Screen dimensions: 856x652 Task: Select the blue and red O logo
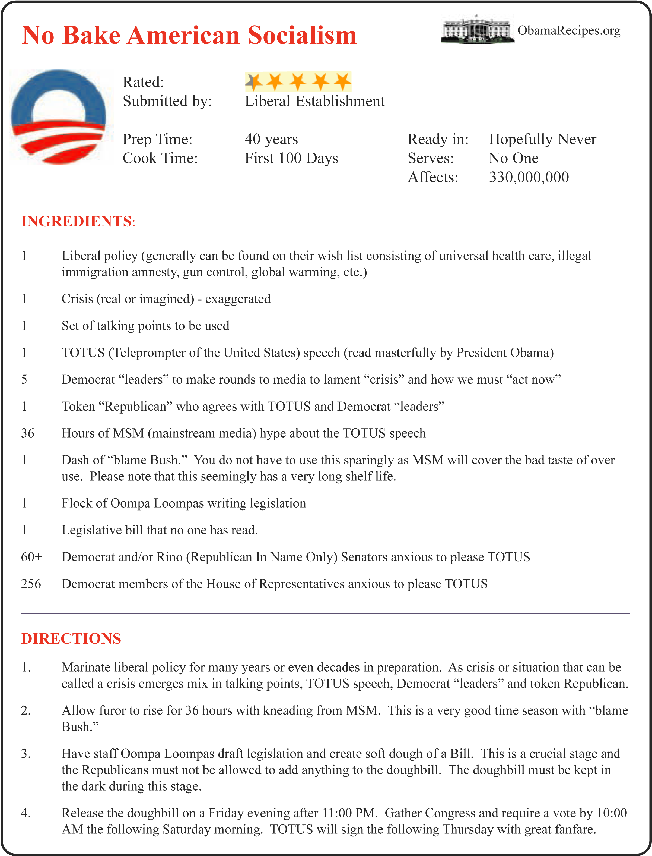pos(61,117)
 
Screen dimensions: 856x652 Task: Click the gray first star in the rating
pos(253,81)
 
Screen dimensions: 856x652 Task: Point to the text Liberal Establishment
pos(314,101)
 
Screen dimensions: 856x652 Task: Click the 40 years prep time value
pos(271,139)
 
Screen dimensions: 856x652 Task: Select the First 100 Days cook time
pos(291,158)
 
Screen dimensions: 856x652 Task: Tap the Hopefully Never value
pos(542,139)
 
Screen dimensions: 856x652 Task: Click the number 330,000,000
pos(529,177)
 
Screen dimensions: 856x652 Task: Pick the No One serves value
pos(513,158)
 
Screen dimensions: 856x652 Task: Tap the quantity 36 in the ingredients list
pos(28,433)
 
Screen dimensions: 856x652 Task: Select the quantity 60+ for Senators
pos(31,557)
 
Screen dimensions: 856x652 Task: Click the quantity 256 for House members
pos(31,584)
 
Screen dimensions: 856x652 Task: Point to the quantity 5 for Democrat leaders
pos(24,379)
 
